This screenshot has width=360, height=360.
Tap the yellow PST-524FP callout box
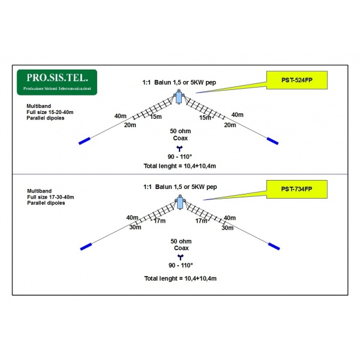pos(296,80)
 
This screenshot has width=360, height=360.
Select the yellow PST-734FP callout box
pos(296,190)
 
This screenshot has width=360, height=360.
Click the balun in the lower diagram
pos(179,203)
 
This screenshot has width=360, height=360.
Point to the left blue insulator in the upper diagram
pos(85,142)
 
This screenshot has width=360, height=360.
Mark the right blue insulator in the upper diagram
pos(274,141)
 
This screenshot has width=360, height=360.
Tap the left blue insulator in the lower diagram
pos(86,246)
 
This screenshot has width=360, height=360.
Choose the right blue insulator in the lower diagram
pos(274,246)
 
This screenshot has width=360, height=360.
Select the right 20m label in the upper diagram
pos(230,125)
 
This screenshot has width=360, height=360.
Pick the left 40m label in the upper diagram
pos(120,115)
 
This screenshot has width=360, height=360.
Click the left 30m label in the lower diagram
pos(134,227)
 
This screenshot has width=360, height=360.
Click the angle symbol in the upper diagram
pos(179,148)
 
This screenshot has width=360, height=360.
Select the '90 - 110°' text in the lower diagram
pos(180,265)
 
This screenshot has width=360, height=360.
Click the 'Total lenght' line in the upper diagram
pos(180,166)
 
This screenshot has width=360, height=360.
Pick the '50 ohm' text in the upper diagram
pos(180,131)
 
